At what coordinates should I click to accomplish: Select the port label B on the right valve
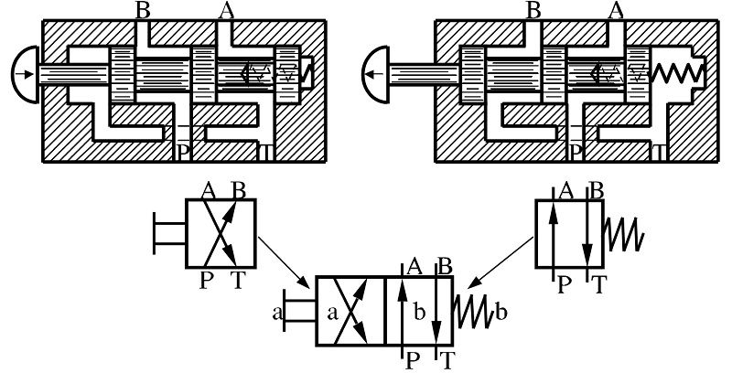pyautogui.click(x=535, y=10)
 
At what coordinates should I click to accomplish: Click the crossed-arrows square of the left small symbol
pyautogui.click(x=221, y=233)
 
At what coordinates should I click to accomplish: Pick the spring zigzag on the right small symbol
pyautogui.click(x=624, y=233)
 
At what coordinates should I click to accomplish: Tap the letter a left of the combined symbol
pyautogui.click(x=275, y=314)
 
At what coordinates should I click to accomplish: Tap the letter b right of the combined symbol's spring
pyautogui.click(x=501, y=314)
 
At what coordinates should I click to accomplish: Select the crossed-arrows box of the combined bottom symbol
pyautogui.click(x=351, y=312)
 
